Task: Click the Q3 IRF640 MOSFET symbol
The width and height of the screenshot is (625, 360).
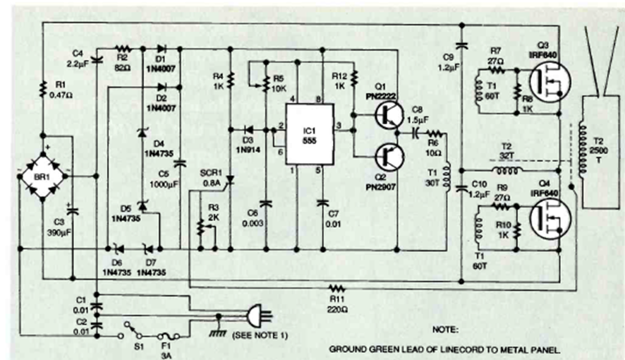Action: [547, 82]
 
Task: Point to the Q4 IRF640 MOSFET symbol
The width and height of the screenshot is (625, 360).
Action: [547, 219]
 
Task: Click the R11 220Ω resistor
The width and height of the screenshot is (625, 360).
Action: [336, 288]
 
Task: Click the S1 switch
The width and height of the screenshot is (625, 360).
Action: [132, 327]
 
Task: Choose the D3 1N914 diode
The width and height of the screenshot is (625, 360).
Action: [248, 129]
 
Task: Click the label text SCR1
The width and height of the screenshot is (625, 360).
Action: [211, 172]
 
